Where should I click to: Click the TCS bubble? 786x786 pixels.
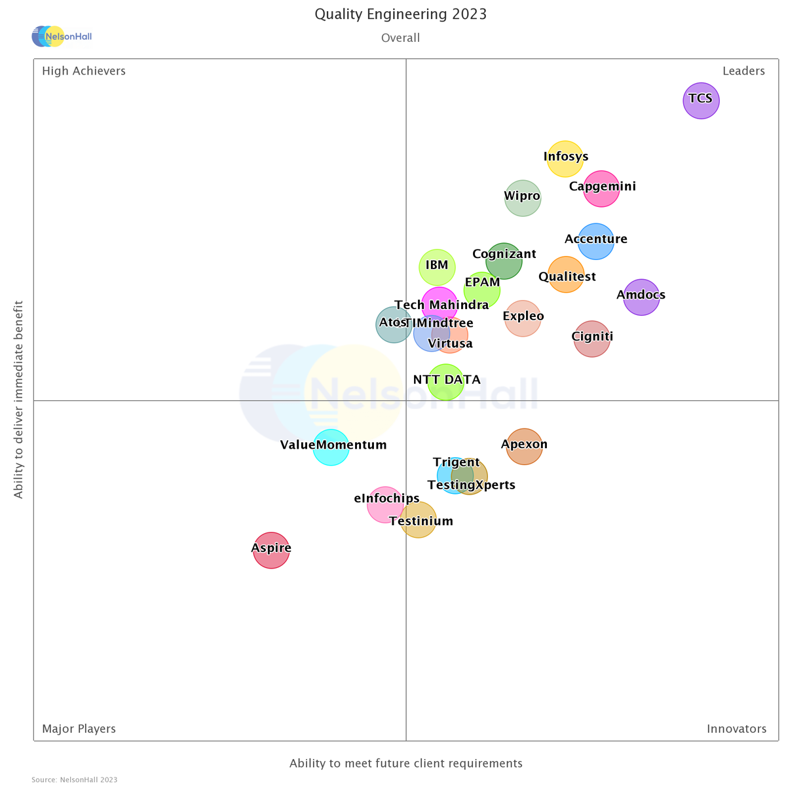701,101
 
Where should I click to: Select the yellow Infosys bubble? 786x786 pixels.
565,159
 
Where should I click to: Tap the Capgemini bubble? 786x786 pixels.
601,189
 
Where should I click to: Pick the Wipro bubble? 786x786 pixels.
523,198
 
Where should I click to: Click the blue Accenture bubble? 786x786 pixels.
595,241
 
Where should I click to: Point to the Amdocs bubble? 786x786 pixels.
641,297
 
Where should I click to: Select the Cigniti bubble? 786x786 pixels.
591,339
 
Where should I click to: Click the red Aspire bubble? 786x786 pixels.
271,550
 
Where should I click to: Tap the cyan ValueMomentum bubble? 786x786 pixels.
331,447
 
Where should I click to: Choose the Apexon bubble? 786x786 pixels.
524,446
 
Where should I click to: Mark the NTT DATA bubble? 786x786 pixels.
445,382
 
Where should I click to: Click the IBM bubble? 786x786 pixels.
437,267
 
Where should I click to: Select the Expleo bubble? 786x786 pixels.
523,318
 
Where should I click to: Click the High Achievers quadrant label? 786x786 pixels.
84,71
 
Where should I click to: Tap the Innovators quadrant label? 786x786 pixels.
736,729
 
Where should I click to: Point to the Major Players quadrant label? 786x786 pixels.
79,729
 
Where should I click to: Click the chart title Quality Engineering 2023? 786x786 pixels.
400,14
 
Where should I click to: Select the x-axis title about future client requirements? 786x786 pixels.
406,763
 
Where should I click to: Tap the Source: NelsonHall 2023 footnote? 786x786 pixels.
74,779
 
